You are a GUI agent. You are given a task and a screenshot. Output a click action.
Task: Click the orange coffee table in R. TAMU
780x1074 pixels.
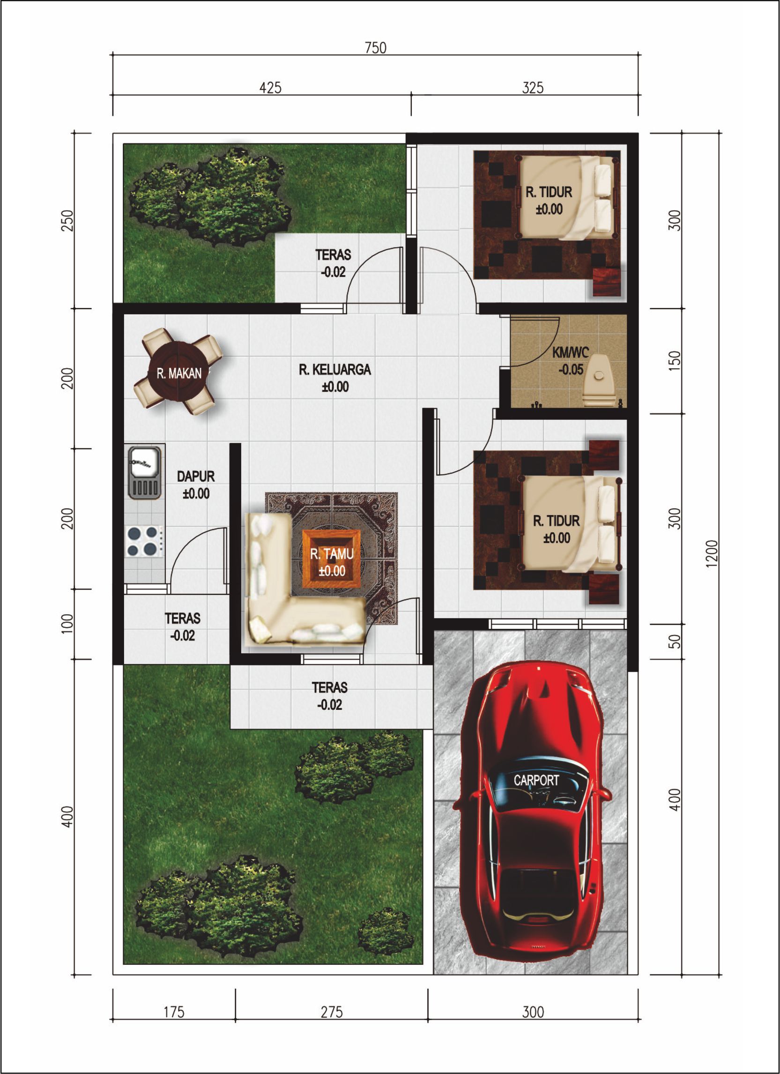click(x=332, y=562)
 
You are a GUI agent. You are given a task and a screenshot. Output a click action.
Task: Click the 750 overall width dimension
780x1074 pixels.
click(x=375, y=48)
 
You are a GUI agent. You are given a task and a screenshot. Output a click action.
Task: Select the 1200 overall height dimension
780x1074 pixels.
click(x=713, y=553)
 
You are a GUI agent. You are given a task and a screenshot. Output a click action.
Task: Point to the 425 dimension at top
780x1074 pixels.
click(x=270, y=88)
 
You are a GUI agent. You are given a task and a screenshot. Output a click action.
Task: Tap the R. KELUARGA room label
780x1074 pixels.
click(x=334, y=369)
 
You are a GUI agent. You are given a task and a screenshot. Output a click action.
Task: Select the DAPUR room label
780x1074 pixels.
click(x=196, y=477)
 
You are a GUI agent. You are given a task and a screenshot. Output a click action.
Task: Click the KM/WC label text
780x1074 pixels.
click(x=571, y=352)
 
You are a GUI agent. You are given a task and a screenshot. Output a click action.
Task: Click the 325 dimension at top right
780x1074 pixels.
click(x=533, y=88)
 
